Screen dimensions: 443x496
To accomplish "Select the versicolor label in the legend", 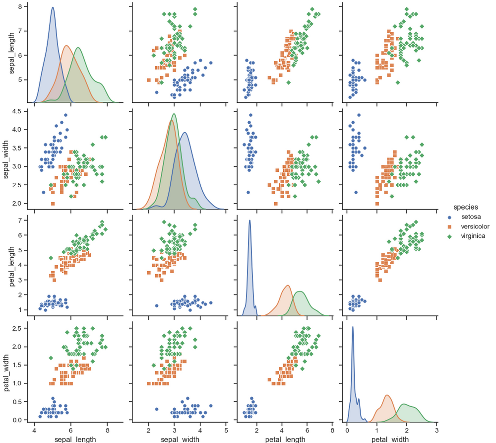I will [x=471, y=226].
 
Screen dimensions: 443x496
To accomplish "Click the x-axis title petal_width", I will [x=390, y=439].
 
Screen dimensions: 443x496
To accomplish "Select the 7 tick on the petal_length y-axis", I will [x=24, y=220].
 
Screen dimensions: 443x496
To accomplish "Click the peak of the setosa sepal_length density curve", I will [x=53, y=7].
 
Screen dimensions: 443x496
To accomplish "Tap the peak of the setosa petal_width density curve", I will [x=353, y=326].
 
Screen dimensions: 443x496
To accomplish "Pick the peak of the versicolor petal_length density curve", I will [x=288, y=285].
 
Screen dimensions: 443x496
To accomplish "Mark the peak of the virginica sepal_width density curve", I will [x=174, y=114].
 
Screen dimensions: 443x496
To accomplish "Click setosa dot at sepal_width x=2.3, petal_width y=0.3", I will [x=157, y=409].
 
